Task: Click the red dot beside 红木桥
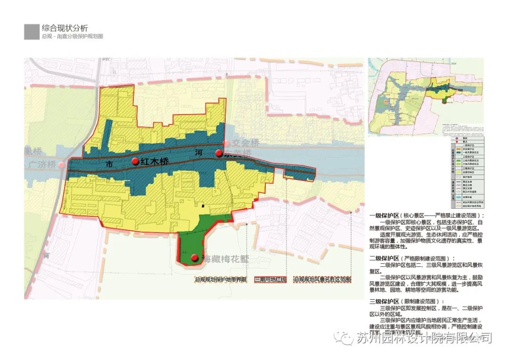coord(135,161)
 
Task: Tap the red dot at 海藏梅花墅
coord(194,258)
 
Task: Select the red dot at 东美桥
coord(219,153)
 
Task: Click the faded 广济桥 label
coord(42,165)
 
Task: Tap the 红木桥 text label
coord(154,161)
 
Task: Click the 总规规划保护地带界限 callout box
coord(221,279)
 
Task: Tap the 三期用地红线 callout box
coord(271,279)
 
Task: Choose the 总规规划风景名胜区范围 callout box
coord(322,279)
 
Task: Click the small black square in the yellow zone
coord(203,205)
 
